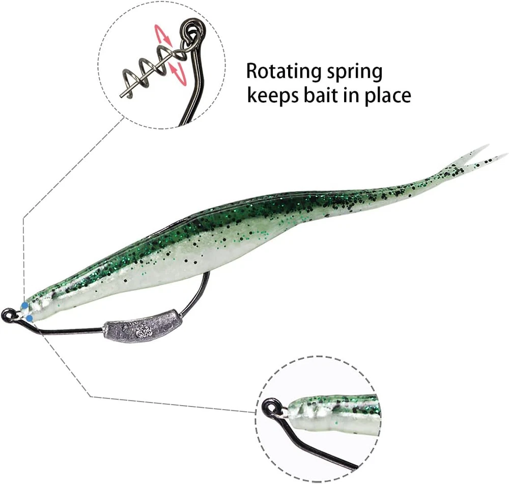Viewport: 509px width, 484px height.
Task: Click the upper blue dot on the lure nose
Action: [24, 306]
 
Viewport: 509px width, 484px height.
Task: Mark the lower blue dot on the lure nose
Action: [30, 319]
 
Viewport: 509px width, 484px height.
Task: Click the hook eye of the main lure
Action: [8, 315]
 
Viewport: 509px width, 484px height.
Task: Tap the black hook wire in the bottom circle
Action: [321, 448]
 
